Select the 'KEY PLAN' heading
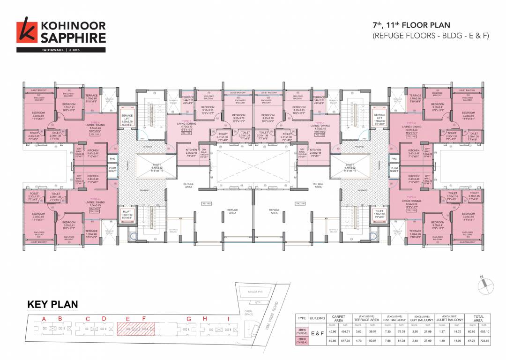click(52, 304)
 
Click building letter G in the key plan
click(189, 319)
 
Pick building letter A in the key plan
click(45, 319)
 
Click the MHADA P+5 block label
click(253, 291)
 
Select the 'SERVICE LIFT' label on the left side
click(127, 117)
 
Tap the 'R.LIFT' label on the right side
click(379, 213)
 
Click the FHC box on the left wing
click(112, 159)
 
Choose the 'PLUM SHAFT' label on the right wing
click(394, 169)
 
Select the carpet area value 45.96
click(333, 331)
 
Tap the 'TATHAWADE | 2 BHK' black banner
click(61, 49)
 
